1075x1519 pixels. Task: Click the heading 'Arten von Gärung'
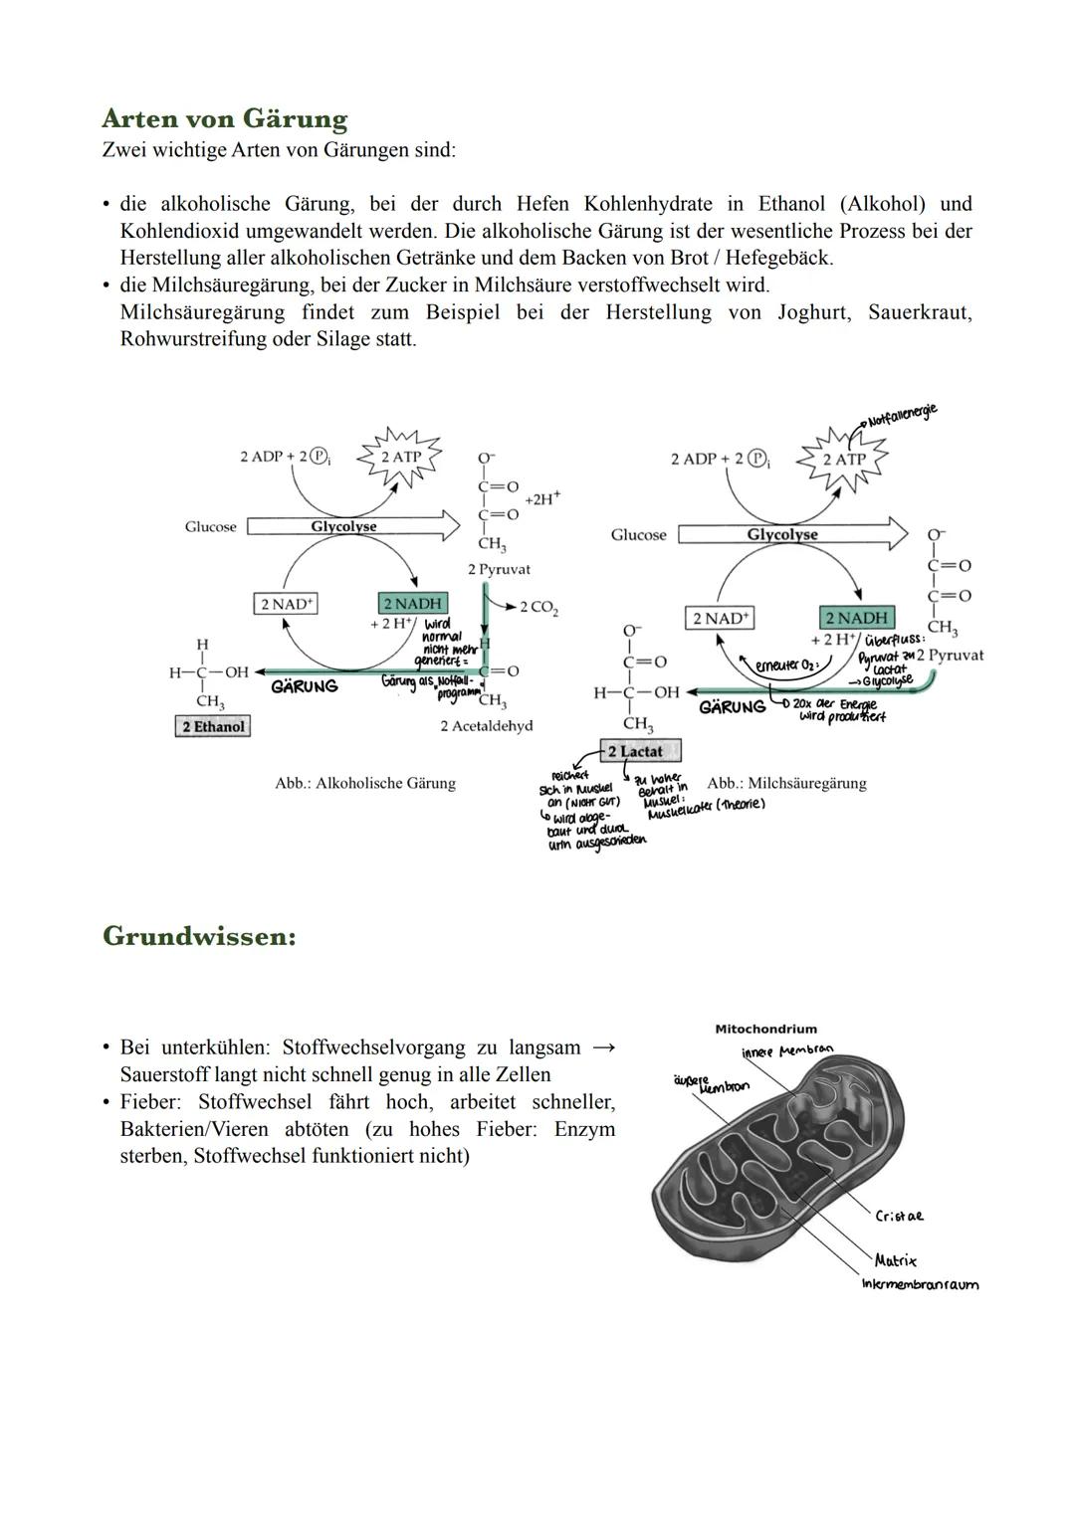click(224, 119)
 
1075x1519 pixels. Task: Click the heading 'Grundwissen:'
click(199, 937)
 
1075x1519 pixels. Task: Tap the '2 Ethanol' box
click(212, 726)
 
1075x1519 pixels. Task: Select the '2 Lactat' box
click(640, 751)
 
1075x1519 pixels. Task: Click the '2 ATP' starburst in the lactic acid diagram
click(844, 460)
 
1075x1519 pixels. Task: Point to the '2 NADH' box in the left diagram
click(413, 604)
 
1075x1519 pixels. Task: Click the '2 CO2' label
click(538, 607)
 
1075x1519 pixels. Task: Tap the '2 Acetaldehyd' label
click(486, 726)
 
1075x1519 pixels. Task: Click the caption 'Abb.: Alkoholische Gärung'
click(364, 783)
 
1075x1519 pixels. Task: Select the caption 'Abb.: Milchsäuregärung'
click(786, 783)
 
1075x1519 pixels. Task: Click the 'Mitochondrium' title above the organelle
click(765, 1029)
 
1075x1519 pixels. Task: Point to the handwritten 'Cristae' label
click(899, 1216)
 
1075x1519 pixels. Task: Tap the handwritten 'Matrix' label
click(895, 1260)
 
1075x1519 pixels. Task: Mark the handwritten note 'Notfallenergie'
click(901, 415)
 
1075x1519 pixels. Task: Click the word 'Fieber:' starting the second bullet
click(151, 1102)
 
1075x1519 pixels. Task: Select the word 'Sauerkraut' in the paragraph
click(920, 312)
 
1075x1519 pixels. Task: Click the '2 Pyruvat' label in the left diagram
click(499, 569)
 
